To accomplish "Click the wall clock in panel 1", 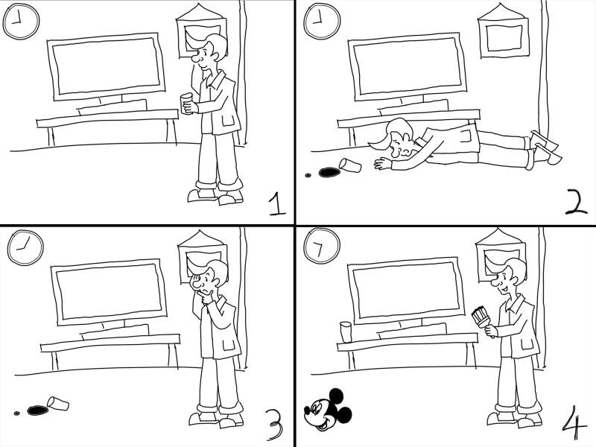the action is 21,21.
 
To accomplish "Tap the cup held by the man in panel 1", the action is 187,104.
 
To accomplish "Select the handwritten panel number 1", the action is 276,203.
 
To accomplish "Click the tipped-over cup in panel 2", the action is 350,165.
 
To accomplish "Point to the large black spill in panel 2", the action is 329,173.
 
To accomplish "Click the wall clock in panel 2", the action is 322,21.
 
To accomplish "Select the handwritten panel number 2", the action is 576,201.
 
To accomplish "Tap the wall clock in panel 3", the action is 25,247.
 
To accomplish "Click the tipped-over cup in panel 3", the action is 58,403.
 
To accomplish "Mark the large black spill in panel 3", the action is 38,410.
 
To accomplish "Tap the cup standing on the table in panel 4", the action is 346,332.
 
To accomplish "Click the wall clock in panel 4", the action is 322,246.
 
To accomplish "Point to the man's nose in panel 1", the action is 196,59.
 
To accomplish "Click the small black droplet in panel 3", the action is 16,413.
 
